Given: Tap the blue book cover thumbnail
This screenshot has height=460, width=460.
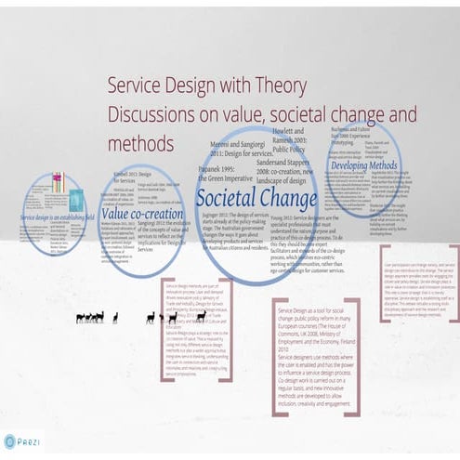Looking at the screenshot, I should pos(75,200).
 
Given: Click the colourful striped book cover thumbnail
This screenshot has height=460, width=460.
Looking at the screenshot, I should pos(58,183).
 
